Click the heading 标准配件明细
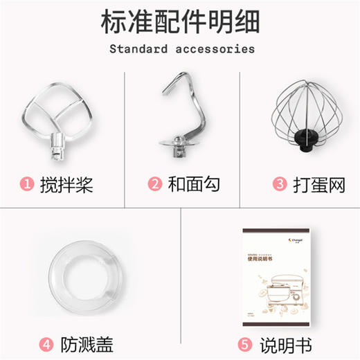(x=179, y=22)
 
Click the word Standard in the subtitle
(x=137, y=49)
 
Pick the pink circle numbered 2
(x=155, y=184)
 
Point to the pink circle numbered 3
(x=280, y=184)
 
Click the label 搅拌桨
(x=66, y=184)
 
